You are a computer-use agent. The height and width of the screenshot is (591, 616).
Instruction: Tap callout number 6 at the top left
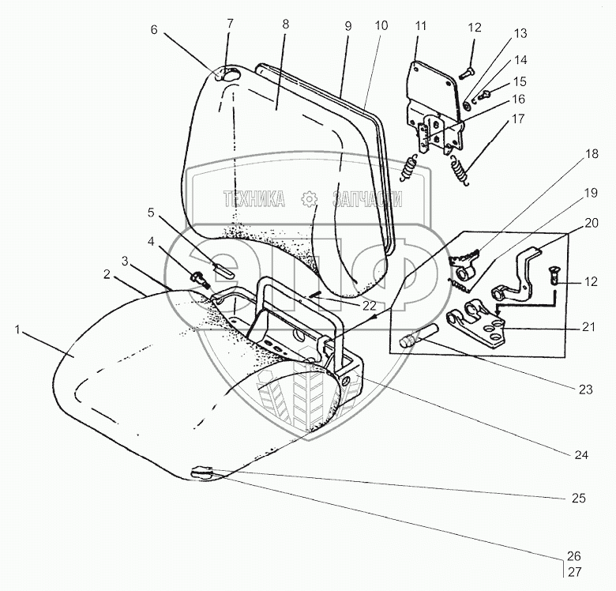point(154,29)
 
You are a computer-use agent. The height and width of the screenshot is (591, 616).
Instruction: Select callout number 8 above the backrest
point(284,24)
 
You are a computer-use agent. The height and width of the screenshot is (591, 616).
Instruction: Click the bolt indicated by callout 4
point(197,277)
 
